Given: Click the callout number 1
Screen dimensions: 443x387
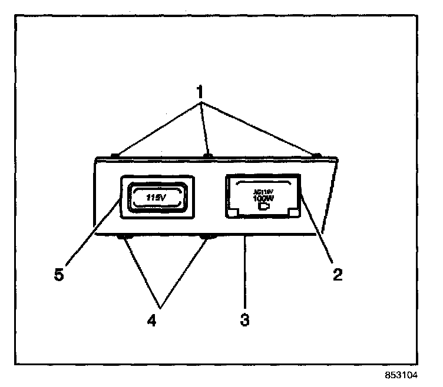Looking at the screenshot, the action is (200, 93).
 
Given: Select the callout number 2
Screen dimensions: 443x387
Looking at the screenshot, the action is (336, 273).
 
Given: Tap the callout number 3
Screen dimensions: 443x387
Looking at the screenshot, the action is (244, 321).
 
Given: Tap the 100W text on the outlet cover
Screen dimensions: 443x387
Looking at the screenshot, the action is (262, 199).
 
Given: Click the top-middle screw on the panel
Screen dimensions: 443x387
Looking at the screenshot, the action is (207, 155).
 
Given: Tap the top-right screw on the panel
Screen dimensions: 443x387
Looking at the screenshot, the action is (316, 155).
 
